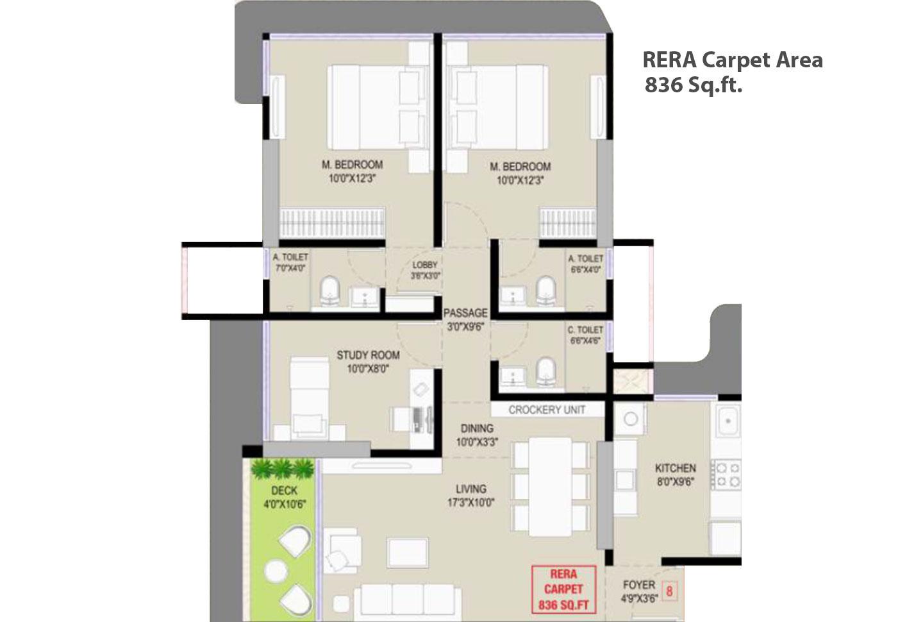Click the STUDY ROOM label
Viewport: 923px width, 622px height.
(368, 355)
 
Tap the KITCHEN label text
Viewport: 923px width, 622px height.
(675, 468)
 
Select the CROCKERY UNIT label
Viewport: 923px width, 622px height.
(547, 410)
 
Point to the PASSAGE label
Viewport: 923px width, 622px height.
(465, 313)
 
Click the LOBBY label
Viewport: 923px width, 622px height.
(425, 265)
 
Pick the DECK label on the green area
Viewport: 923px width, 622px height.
(284, 491)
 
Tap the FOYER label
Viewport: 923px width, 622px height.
(639, 585)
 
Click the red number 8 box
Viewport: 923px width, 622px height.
(670, 591)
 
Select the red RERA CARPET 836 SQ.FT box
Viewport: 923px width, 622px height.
(563, 589)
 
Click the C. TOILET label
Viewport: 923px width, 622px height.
(585, 330)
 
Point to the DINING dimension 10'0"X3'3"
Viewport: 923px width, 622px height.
(476, 442)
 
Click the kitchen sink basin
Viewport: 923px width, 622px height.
(727, 421)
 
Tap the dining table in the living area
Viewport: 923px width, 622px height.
(551, 485)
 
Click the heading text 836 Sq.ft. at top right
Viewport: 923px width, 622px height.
(693, 85)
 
